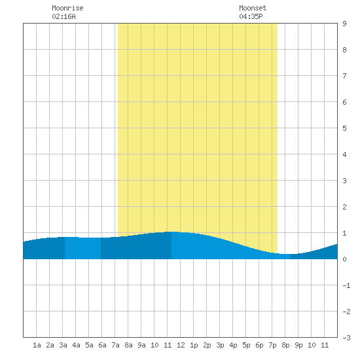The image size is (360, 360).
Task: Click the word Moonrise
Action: pos(67,8)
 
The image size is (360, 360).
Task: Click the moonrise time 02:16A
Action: pos(63,16)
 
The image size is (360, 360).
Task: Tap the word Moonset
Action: pos(253,8)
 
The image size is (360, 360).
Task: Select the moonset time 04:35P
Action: pos(251,16)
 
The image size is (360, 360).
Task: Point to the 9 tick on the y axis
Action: pos(344,24)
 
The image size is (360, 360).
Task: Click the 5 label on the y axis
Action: pos(344,128)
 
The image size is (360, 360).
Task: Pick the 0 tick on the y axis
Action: pos(344,259)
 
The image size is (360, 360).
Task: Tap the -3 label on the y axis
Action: pos(346,338)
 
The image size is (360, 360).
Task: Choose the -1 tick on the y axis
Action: pos(346,285)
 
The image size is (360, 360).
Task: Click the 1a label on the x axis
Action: pos(37,345)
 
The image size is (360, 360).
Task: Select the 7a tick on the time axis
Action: pos(115,345)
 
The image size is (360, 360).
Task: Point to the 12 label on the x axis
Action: pos(181,345)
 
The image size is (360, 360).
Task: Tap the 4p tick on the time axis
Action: pos(233,345)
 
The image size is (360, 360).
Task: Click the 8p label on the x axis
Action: pos(285,345)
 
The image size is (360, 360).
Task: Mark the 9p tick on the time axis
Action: pos(298,345)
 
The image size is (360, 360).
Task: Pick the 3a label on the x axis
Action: pos(63,345)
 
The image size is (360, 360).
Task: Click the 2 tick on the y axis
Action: pos(344,207)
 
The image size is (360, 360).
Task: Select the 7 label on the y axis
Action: pos(344,76)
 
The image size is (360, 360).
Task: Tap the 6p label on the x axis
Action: pos(259,345)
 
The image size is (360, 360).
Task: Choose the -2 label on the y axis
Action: pos(346,312)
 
